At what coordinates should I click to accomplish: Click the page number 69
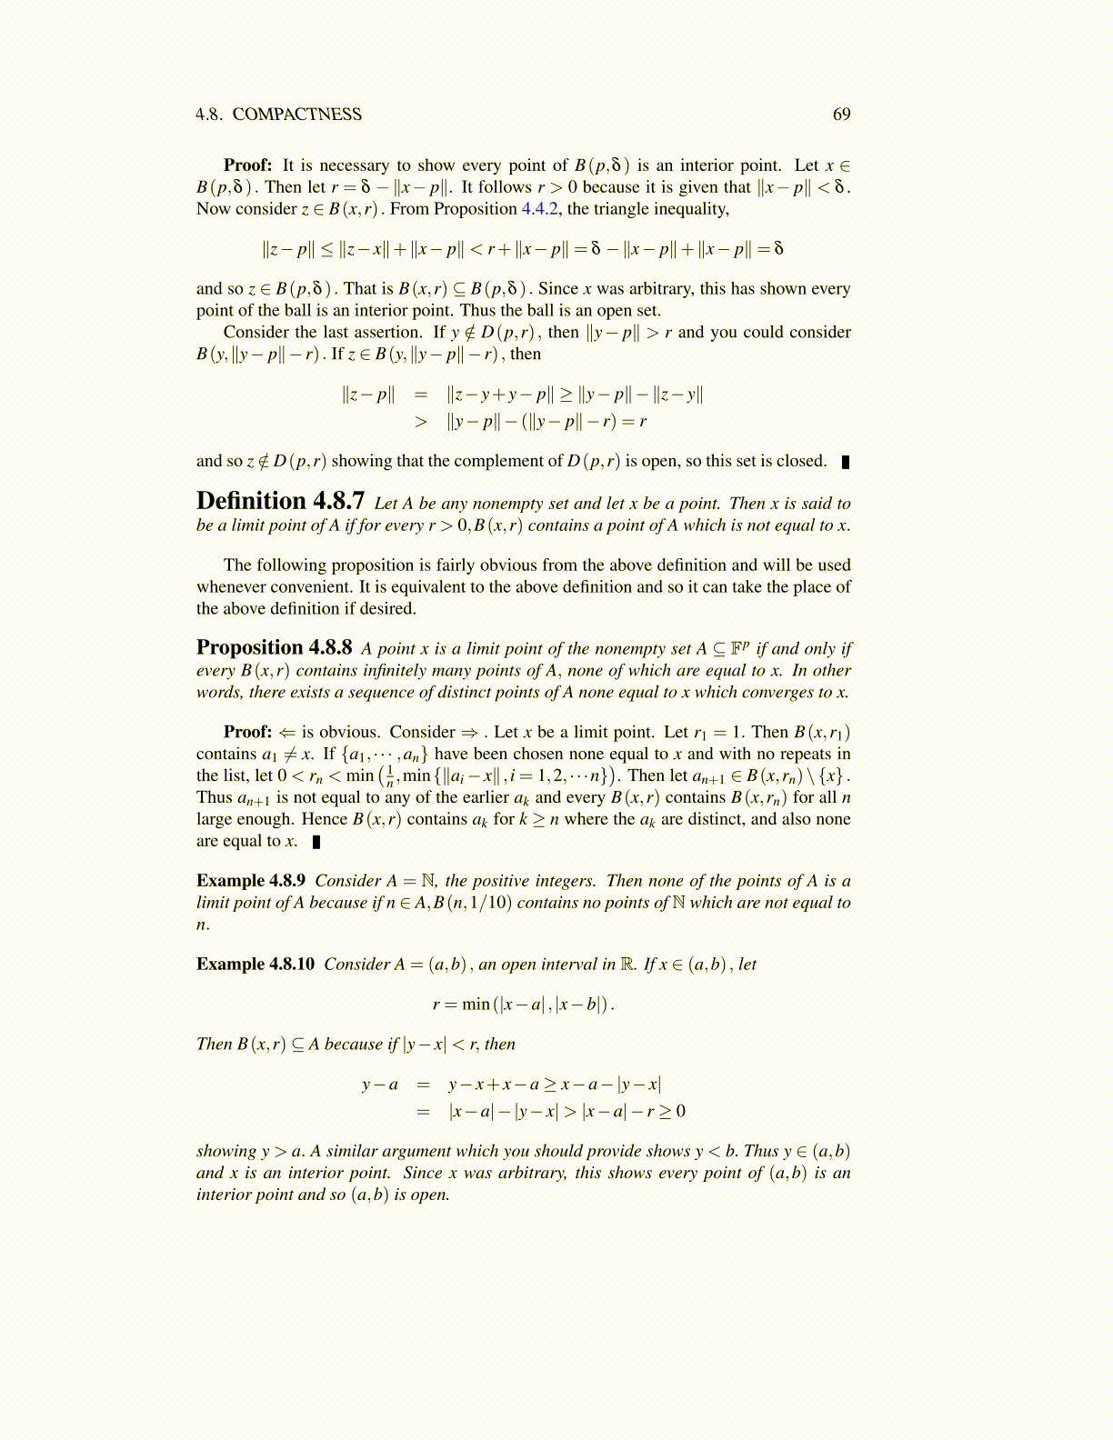(841, 115)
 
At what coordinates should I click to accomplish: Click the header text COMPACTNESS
(296, 115)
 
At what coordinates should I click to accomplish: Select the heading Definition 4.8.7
(280, 502)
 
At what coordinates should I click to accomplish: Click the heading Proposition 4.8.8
(274, 647)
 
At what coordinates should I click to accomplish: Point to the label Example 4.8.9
(251, 881)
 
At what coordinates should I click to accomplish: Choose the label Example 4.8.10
(256, 965)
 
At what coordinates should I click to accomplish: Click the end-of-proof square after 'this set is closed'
(846, 462)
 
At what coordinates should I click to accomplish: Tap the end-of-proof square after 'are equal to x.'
(316, 842)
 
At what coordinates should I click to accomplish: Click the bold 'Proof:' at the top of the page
(248, 165)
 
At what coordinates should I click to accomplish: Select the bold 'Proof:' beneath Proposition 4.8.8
(248, 733)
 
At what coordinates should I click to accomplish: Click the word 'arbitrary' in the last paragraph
(517, 1173)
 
